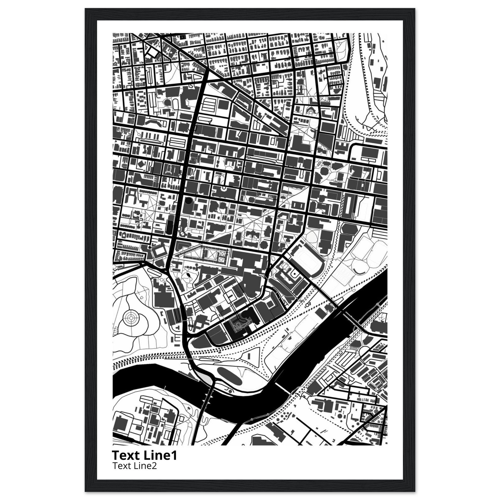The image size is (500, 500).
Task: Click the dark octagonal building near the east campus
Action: click(324, 171)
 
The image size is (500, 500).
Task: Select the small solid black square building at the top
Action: click(183, 37)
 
